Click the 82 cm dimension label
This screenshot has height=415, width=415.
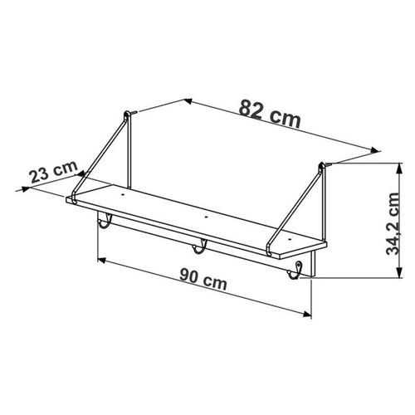coord(270,115)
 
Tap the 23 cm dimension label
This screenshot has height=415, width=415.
coord(54,172)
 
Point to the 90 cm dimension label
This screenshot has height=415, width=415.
coord(203,279)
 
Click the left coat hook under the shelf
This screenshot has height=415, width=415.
coord(105,222)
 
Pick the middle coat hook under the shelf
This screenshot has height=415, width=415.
coord(200,247)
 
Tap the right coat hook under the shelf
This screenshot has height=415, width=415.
coord(295,271)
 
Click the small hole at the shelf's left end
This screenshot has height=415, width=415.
coord(122,195)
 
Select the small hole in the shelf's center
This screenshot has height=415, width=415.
coord(206,217)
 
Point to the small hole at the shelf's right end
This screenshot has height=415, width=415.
coord(290,238)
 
